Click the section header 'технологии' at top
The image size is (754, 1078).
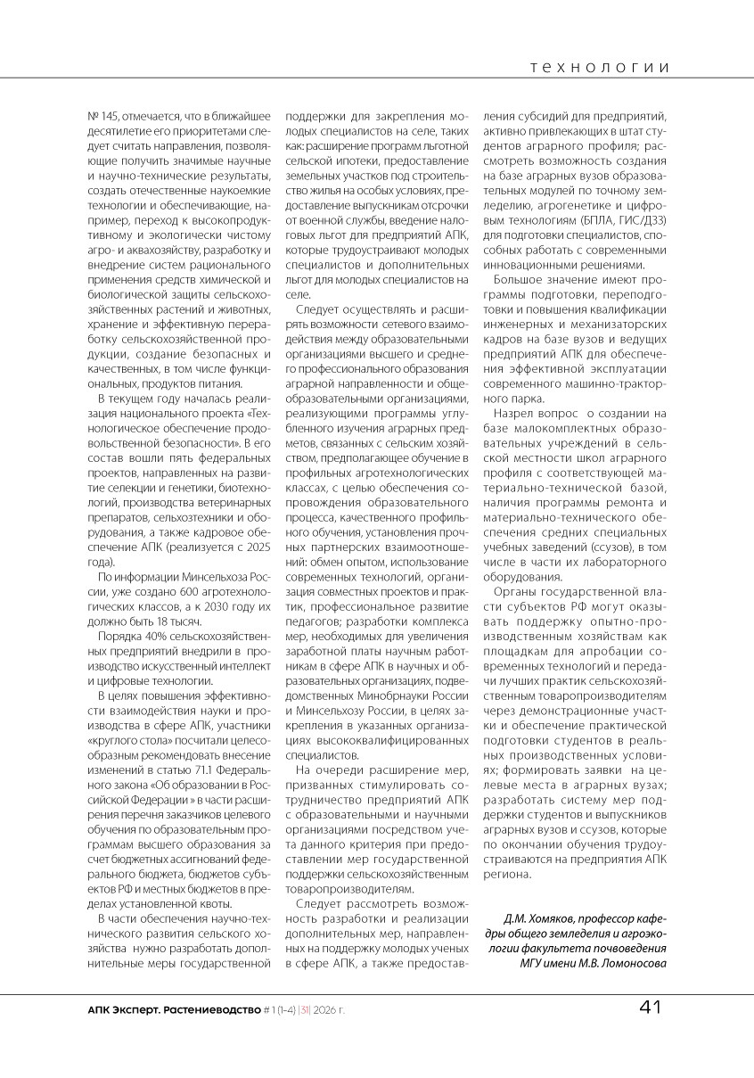(598, 67)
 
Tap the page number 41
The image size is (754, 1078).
(650, 1008)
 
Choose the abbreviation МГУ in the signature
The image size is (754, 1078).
(535, 962)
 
